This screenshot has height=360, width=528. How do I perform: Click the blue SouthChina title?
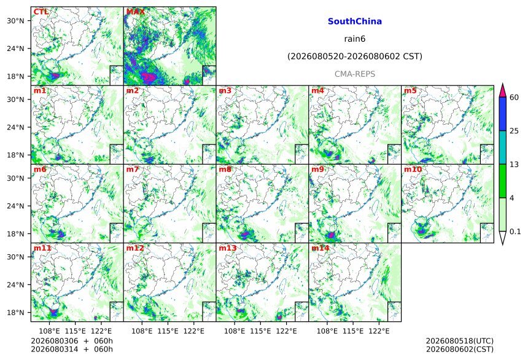355,22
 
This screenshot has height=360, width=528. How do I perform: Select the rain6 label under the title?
355,39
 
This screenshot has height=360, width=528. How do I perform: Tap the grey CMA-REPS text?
355,74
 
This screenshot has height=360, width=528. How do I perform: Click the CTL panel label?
41,12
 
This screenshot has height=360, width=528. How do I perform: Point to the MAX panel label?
135,12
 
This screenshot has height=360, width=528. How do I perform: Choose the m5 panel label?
410,91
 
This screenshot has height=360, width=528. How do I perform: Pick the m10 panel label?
413,169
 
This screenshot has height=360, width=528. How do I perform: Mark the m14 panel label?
320,248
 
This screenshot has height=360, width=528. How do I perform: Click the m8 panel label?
225,169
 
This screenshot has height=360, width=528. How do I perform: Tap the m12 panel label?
135,248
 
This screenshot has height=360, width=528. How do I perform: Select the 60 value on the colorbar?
514,98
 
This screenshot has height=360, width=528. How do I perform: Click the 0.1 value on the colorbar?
515,232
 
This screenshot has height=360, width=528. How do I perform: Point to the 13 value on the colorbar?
514,165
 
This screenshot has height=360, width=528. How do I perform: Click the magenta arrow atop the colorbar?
502,90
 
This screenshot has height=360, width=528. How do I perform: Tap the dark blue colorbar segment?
502,114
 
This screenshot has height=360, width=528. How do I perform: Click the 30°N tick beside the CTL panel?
15,21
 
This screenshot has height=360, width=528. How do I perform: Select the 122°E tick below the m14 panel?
379,331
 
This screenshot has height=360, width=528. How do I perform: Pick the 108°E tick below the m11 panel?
49,331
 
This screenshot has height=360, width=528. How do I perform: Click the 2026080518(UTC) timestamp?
460,341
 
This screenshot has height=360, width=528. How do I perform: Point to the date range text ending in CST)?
355,57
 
